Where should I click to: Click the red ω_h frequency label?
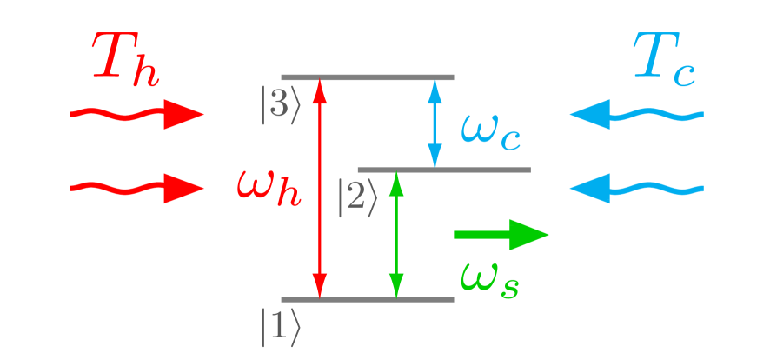pos(269,185)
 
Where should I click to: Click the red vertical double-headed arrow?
pos(321,188)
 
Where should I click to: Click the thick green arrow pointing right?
pos(501,234)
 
